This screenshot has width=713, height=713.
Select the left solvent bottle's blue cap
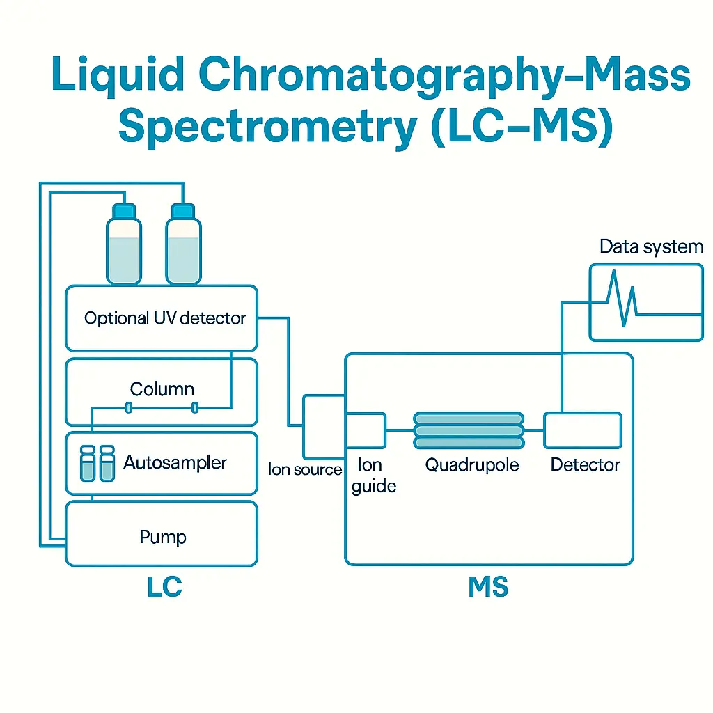coord(123,210)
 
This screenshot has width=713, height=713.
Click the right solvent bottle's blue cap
coord(183,210)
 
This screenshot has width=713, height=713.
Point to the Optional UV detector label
coord(165,319)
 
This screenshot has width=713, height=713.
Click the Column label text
coord(162,389)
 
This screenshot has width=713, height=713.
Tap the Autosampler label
coord(175,462)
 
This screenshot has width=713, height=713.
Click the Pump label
coord(163,537)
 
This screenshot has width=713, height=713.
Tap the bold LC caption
coord(164,587)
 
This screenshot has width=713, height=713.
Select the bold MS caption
coord(488,587)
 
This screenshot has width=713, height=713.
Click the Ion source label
coord(305,470)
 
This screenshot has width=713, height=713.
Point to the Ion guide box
coord(366,430)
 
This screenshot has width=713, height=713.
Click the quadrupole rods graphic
coord(468,430)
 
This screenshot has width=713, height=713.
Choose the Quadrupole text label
coord(471,465)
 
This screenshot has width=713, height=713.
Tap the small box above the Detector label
coord(583,430)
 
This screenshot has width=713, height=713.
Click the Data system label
coord(651,247)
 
